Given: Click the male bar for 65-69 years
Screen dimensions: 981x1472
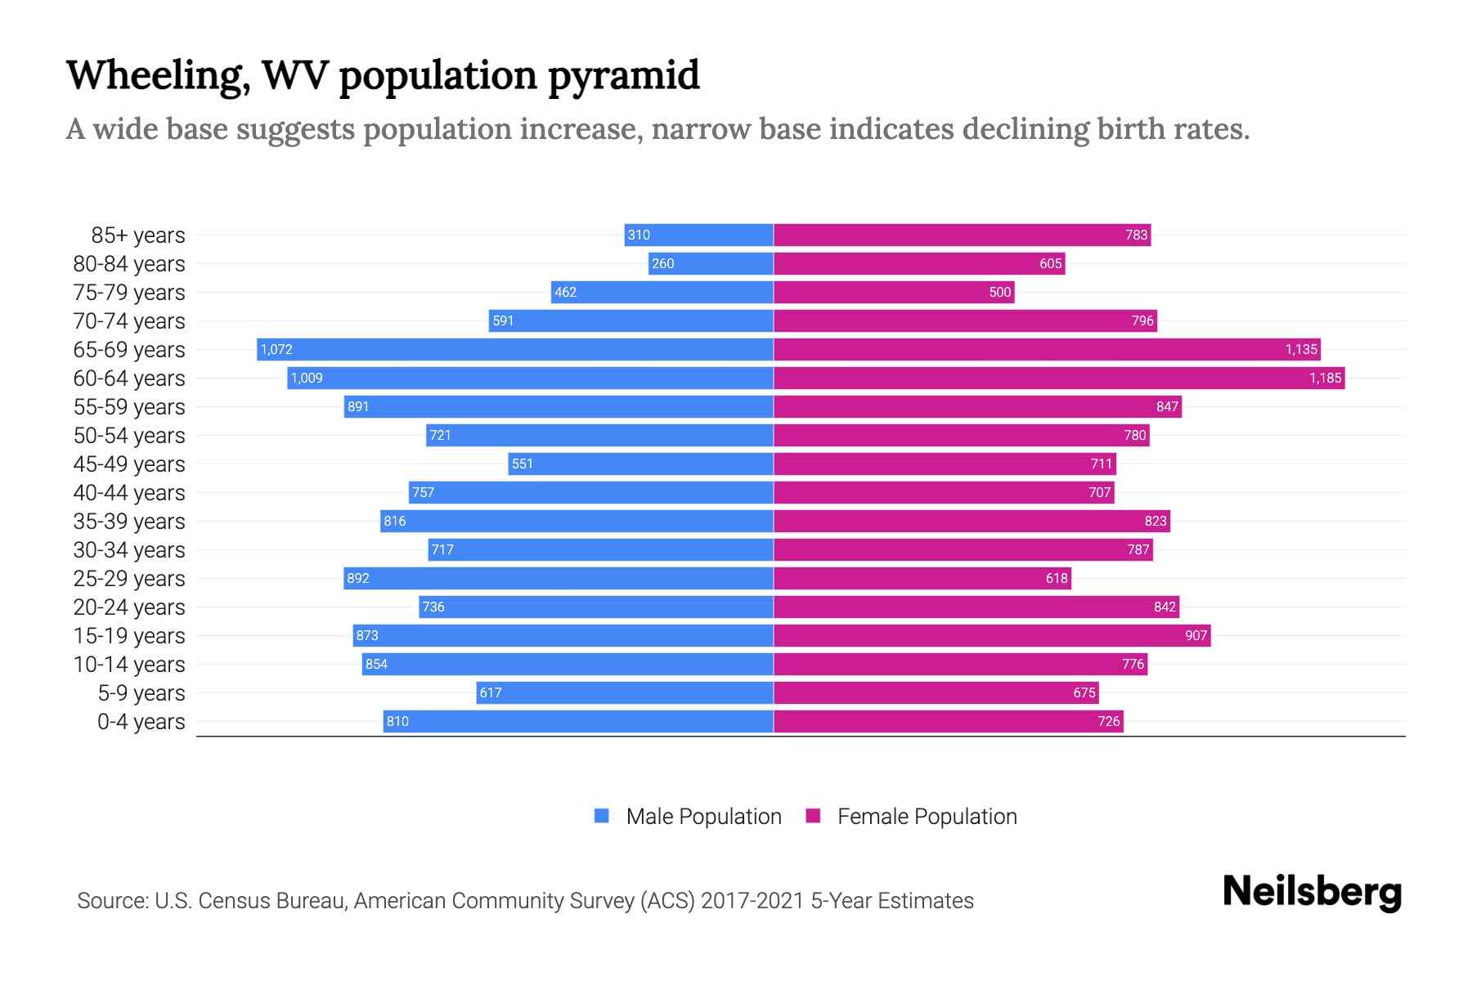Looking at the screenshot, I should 515,349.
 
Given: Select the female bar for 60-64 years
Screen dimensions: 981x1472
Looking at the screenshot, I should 1059,378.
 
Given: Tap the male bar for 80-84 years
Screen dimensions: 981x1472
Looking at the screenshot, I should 711,263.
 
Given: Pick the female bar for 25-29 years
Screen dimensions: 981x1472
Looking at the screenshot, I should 922,578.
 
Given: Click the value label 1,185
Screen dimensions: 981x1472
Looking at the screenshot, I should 1325,378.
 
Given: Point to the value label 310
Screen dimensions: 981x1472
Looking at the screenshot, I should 638,235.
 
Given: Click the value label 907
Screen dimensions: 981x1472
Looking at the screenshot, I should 1196,635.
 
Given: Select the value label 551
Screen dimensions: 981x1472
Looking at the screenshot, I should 522,464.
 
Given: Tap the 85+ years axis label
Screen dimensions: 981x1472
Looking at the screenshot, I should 137,235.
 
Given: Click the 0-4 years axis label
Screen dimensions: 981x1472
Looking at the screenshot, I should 141,722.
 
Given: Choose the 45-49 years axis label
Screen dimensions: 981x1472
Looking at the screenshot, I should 129,464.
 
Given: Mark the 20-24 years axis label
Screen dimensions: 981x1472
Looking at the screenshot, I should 129,607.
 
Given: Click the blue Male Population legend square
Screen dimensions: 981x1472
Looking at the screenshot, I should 602,816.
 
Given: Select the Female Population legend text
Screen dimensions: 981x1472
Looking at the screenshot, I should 927,816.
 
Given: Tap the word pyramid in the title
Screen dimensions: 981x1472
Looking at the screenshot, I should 624,76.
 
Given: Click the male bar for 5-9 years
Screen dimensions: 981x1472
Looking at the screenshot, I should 625,692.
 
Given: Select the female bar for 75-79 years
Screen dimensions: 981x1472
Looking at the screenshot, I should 894,292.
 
